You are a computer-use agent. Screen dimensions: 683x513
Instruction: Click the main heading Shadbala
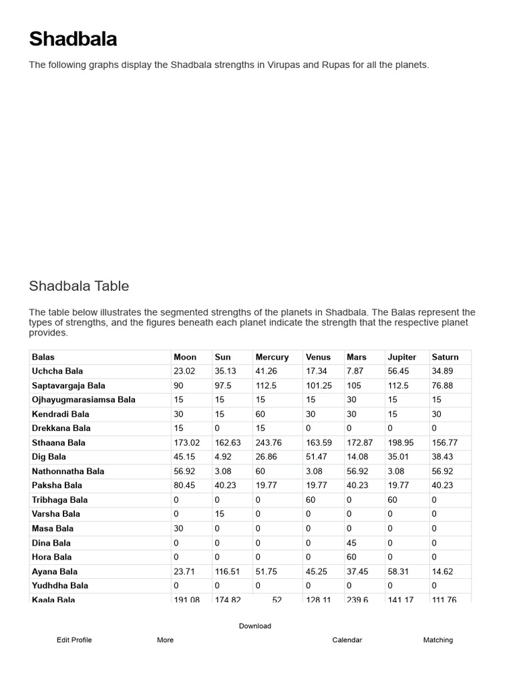click(x=73, y=39)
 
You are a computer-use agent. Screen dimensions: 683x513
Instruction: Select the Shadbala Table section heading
click(x=79, y=286)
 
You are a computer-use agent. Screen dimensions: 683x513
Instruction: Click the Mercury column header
click(x=272, y=357)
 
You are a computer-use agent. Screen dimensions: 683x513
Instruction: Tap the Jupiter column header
click(x=401, y=357)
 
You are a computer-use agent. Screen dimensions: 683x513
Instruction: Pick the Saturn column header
click(x=446, y=357)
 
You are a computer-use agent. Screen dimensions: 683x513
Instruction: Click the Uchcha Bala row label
click(x=57, y=371)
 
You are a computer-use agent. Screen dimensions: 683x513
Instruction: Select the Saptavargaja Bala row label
click(x=68, y=386)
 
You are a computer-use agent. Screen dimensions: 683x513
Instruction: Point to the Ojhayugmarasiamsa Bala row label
click(x=83, y=400)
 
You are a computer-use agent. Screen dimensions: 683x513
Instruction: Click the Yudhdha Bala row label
click(x=60, y=586)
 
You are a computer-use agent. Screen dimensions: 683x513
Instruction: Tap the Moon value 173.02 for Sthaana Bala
click(x=186, y=442)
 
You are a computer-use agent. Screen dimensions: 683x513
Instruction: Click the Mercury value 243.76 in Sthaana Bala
click(x=269, y=442)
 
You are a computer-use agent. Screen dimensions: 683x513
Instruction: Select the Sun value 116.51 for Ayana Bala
click(x=227, y=572)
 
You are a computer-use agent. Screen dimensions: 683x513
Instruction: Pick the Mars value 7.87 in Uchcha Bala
click(x=355, y=371)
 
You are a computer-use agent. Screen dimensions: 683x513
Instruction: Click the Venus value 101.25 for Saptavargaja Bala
click(x=319, y=386)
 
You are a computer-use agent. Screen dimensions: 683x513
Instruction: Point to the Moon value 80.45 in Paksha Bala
click(x=184, y=486)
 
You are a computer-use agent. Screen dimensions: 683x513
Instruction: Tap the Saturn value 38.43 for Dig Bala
click(x=443, y=457)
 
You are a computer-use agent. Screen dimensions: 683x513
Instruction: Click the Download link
click(x=255, y=626)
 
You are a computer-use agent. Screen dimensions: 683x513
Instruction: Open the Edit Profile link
click(x=74, y=640)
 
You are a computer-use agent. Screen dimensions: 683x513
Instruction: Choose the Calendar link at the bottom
click(x=347, y=640)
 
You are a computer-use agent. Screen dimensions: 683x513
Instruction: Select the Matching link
click(x=438, y=640)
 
